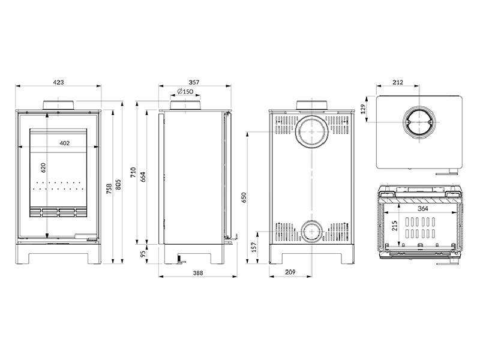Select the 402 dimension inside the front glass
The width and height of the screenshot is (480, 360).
pyautogui.click(x=65, y=143)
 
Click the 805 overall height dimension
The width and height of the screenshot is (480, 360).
pyautogui.click(x=118, y=181)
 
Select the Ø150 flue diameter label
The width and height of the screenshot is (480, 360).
pyautogui.click(x=185, y=92)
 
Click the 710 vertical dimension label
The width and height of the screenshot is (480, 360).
pyautogui.click(x=134, y=172)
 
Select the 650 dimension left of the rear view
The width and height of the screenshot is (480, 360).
pyautogui.click(x=244, y=197)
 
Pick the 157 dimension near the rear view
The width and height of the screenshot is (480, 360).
pyautogui.click(x=253, y=246)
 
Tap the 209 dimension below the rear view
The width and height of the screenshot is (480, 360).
pyautogui.click(x=291, y=273)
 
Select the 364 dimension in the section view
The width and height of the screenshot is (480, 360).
pyautogui.click(x=423, y=209)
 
